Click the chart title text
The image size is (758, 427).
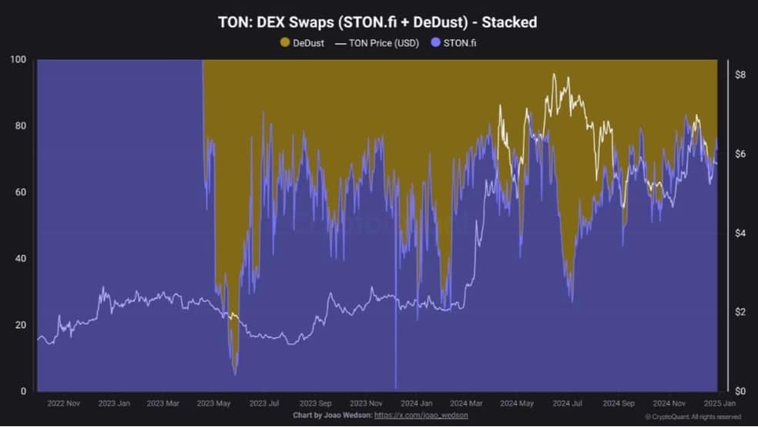click(x=377, y=22)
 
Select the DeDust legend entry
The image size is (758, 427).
click(x=302, y=43)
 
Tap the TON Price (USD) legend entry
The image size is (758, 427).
click(x=377, y=43)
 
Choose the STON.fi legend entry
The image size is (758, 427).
click(x=454, y=43)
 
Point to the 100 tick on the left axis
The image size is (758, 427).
click(x=18, y=59)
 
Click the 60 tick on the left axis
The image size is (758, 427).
click(x=20, y=192)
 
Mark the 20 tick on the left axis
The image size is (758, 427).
click(x=20, y=325)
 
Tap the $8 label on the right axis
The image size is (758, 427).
click(x=740, y=75)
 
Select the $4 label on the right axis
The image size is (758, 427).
click(x=740, y=233)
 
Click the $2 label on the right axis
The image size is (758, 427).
click(x=740, y=312)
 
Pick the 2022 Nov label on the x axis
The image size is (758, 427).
click(x=63, y=403)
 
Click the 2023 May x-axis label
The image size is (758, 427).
click(x=213, y=403)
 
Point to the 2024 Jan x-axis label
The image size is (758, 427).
click(x=416, y=403)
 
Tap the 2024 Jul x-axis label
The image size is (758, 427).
click(x=567, y=403)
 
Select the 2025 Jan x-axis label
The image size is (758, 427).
click(x=719, y=403)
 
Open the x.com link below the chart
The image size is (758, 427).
click(x=421, y=415)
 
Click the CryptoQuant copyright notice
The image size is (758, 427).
click(x=693, y=417)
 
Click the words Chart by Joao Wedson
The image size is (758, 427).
click(x=333, y=415)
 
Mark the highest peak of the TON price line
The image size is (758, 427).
click(x=554, y=74)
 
